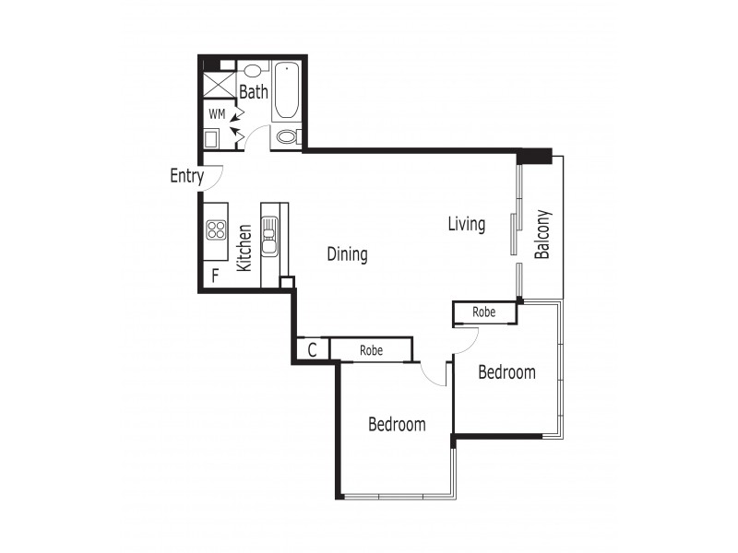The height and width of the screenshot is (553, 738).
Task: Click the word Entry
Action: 186,176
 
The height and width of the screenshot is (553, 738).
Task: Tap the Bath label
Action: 254,92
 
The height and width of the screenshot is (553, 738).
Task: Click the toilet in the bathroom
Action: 287,137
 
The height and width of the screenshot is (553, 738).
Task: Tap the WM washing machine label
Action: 217,114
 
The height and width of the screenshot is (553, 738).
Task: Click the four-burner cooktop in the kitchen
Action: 217,229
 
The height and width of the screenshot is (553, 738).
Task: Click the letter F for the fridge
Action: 215,275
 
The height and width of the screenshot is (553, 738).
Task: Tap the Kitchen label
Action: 244,247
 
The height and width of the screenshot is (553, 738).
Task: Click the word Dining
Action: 347,254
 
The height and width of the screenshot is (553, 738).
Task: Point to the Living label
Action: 466,224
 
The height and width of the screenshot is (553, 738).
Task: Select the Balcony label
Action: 543,235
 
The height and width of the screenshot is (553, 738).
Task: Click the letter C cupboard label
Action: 313,350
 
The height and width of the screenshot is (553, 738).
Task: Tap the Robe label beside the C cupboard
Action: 371,350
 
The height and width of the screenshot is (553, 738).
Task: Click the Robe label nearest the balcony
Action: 483,312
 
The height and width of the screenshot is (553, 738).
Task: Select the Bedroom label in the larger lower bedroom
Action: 397,424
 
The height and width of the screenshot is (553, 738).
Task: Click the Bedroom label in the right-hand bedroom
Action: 506,372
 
